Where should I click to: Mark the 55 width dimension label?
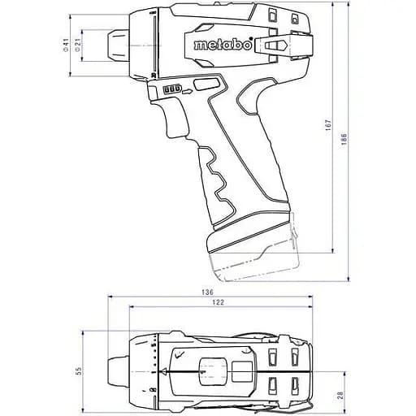point(79,370)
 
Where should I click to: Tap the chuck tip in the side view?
point(112,45)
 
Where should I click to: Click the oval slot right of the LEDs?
point(206,84)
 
